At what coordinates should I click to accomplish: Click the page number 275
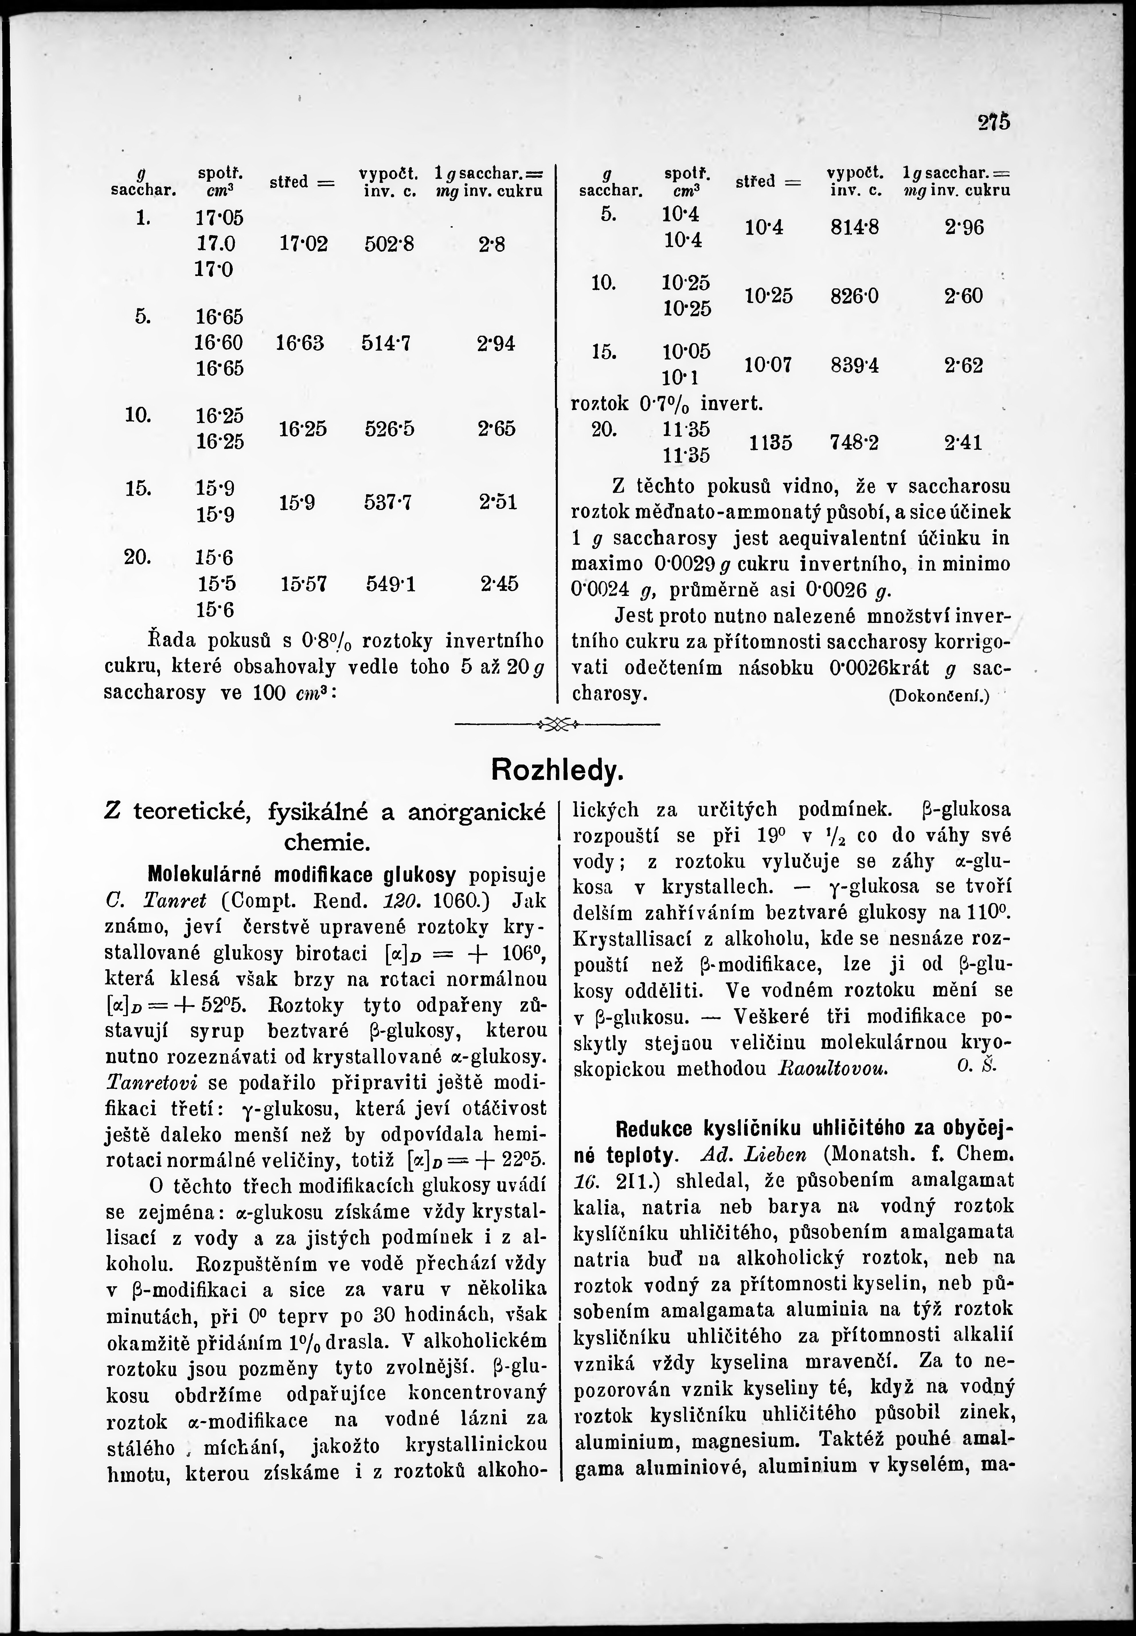pos(994,122)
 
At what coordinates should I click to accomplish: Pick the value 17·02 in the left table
pos(304,244)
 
